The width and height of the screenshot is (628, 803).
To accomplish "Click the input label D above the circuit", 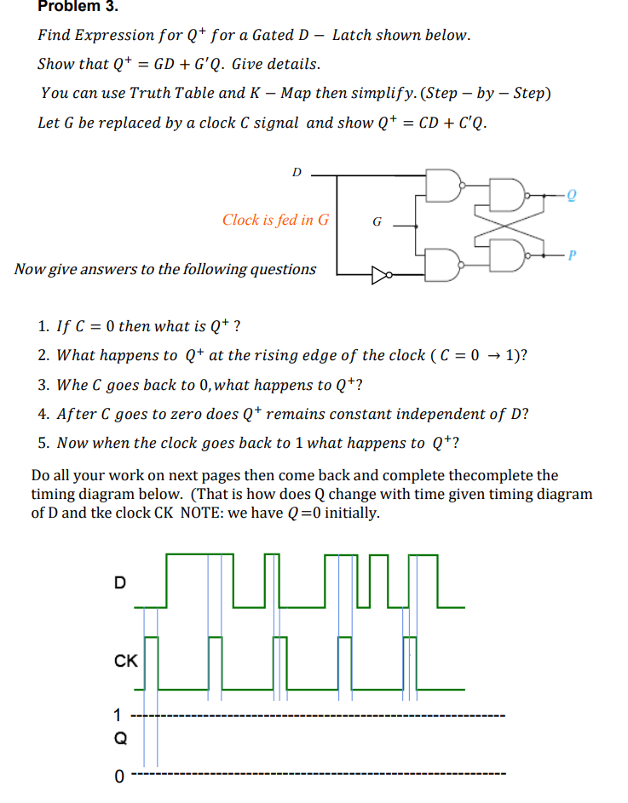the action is [297, 172].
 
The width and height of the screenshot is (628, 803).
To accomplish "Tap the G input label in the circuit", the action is [377, 223].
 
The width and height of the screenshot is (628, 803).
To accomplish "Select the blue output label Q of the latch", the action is [572, 195].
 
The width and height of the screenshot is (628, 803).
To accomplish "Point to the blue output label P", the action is [572, 253].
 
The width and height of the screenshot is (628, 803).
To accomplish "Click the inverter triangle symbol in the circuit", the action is [378, 275].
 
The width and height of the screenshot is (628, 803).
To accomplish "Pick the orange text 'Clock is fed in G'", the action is [275, 220].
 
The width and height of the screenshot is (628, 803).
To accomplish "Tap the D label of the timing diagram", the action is [119, 582].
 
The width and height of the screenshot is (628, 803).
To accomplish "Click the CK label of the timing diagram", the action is [125, 660].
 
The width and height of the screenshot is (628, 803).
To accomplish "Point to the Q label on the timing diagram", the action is [121, 739].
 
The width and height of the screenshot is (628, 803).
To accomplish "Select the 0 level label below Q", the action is [119, 775].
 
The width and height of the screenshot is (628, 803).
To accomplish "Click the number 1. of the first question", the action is [43, 326].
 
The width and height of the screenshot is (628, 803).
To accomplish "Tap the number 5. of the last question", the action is [43, 443].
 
